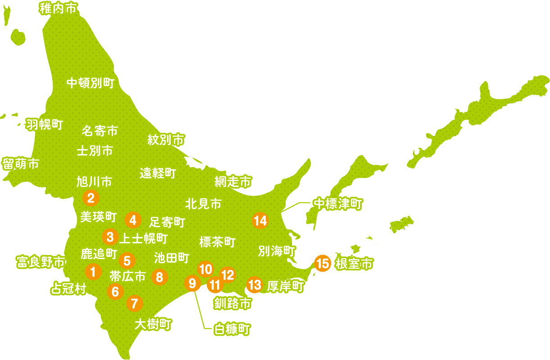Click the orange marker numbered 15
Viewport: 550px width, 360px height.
pos(323,263)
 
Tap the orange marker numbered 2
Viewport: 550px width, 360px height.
pos(91,197)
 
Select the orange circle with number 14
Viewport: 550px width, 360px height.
pos(260,221)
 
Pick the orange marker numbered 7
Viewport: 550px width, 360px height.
pos(134,303)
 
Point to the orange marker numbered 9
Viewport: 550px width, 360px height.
pos(193,283)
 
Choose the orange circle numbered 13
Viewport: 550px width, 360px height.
pos(255,285)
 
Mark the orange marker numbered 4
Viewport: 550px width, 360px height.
pos(132,220)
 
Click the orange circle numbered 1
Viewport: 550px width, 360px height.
pos(93,272)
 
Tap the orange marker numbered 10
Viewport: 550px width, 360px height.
pos(205,269)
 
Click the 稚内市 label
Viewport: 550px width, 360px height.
pos(58,8)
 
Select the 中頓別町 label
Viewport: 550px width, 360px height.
pos(90,83)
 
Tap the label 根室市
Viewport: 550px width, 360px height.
pos(354,264)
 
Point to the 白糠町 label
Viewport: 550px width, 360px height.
pos(232,329)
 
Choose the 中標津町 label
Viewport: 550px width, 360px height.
pos(338,204)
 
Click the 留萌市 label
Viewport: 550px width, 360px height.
pos(21,164)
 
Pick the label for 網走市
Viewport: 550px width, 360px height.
pos(232,182)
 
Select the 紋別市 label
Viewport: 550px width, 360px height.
pos(166,140)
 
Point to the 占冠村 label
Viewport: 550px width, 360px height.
pos(68,289)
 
